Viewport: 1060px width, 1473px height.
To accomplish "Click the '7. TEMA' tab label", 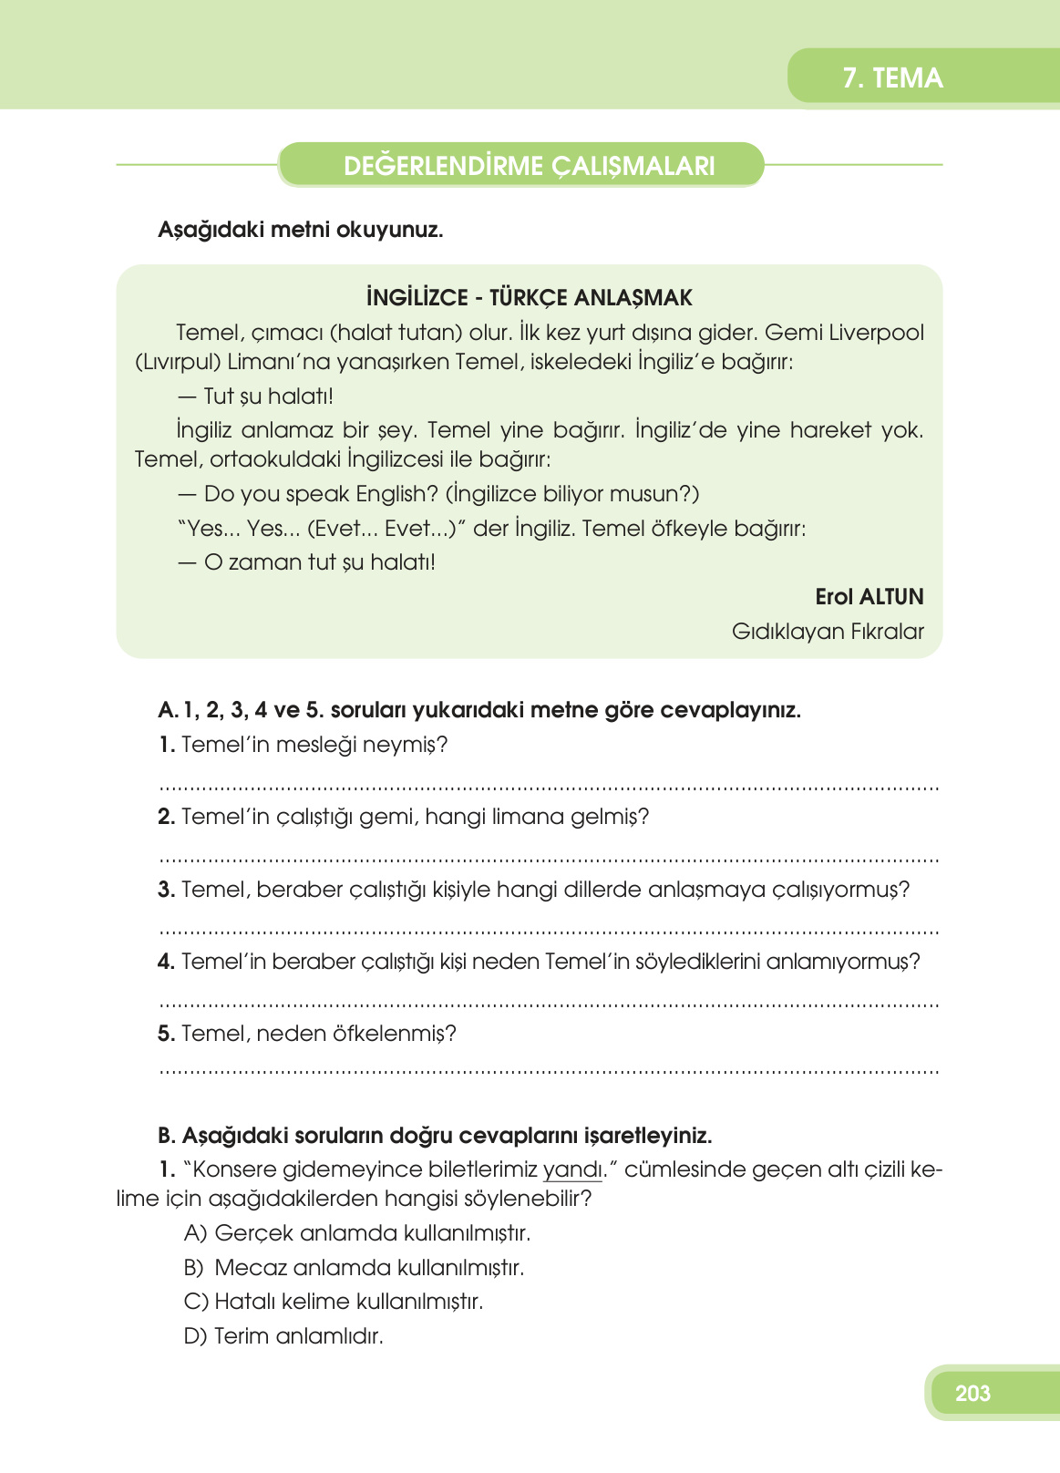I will click(892, 78).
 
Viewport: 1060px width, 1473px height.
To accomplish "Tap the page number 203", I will click(973, 1393).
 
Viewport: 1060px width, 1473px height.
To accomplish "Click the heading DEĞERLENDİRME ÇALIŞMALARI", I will click(529, 166).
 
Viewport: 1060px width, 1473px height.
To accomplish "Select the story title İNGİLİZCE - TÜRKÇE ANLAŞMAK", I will click(529, 298).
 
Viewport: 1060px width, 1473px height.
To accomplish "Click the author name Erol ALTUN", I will click(869, 597).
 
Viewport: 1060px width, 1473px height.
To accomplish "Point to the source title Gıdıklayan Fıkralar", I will click(827, 632).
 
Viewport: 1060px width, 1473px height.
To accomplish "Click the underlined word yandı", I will click(571, 1170).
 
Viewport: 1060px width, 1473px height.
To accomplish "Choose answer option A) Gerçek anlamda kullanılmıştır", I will click(357, 1233).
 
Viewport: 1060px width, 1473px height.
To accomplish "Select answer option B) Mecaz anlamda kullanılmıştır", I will click(354, 1268).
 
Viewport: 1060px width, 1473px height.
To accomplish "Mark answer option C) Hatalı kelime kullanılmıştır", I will click(334, 1302).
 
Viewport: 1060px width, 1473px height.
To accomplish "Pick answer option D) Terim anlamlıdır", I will click(283, 1336).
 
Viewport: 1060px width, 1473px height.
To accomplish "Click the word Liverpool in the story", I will click(876, 333).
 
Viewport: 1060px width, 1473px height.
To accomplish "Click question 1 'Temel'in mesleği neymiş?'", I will click(304, 745).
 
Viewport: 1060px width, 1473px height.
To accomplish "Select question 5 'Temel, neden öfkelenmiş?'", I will click(307, 1034).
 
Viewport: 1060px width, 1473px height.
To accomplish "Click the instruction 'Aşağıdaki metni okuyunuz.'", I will click(300, 230).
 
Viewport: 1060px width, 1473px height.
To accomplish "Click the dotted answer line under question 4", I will click(549, 1005).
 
